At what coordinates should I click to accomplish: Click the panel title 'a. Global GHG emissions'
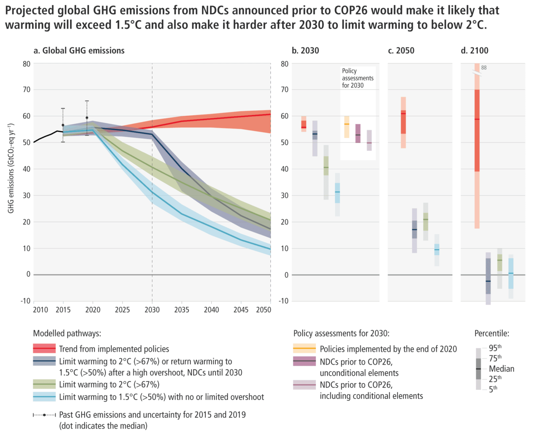(79, 51)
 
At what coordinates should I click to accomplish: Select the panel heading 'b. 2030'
(305, 51)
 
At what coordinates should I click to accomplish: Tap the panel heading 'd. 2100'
(475, 51)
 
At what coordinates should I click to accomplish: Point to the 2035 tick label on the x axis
(182, 310)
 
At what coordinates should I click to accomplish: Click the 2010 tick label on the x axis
(40, 310)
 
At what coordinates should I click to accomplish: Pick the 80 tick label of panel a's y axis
(27, 64)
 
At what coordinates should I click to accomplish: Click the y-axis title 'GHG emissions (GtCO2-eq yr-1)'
(11, 168)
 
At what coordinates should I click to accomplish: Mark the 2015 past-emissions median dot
(63, 125)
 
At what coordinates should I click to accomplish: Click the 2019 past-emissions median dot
(87, 118)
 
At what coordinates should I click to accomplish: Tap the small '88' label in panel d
(484, 68)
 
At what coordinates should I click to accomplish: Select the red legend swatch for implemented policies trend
(44, 349)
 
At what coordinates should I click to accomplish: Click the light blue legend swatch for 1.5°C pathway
(44, 397)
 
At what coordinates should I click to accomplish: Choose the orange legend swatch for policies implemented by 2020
(304, 349)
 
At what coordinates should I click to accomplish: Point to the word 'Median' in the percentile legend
(502, 369)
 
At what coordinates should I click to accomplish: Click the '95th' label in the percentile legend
(495, 348)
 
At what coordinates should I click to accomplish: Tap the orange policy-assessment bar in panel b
(347, 126)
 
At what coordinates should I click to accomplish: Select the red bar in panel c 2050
(403, 122)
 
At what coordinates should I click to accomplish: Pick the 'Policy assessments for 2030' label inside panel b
(358, 78)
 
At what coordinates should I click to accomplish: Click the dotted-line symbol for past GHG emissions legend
(44, 415)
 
